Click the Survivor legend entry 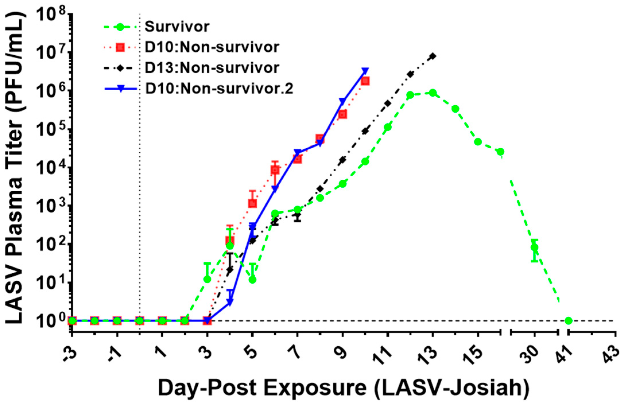point(177,27)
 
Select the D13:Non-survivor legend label point(212,68)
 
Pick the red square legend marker point(120,47)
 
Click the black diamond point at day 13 point(433,56)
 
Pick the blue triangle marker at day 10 point(365,71)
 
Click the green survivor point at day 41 point(568,321)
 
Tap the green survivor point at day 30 point(534,247)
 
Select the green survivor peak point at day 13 point(433,93)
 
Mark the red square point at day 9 point(343,114)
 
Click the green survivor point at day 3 point(207,279)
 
